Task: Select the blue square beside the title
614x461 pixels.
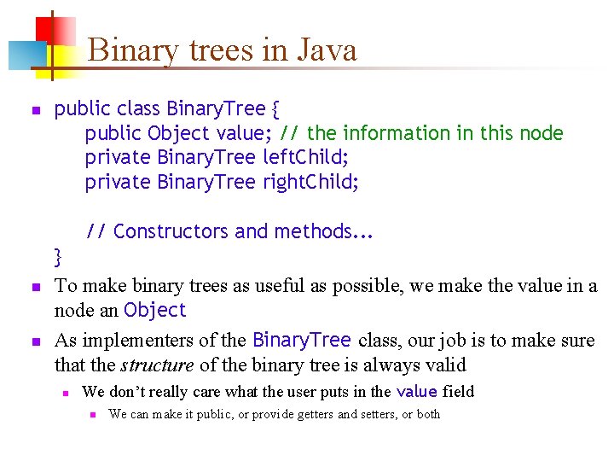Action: [x=22, y=55]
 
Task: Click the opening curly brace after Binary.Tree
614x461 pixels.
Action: [x=275, y=109]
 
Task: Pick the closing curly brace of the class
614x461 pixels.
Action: [x=58, y=256]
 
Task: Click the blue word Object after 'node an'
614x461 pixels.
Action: [x=154, y=311]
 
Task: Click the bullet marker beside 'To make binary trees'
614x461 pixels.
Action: [x=35, y=287]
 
